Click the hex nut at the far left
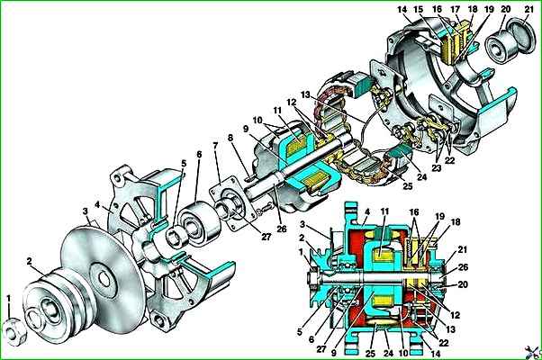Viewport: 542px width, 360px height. click(x=14, y=332)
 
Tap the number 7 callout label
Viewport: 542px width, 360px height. click(x=216, y=146)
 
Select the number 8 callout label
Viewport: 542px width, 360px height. click(x=230, y=139)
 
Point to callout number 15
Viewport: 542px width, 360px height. click(x=419, y=9)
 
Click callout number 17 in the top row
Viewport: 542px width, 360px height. click(x=456, y=9)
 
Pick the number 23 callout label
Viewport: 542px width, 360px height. click(x=437, y=168)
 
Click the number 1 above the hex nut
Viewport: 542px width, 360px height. click(x=9, y=299)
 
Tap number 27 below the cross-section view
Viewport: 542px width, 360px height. click(x=321, y=349)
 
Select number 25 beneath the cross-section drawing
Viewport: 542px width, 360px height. click(x=369, y=354)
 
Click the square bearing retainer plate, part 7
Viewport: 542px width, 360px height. click(x=235, y=203)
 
